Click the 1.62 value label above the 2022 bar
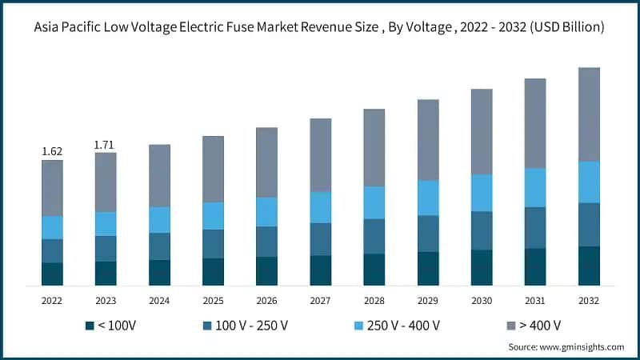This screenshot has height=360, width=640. tap(52, 151)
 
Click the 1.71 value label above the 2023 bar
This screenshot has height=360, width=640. tap(106, 144)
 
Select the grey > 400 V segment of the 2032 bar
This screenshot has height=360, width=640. tap(589, 114)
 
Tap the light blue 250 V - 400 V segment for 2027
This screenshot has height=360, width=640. tap(321, 207)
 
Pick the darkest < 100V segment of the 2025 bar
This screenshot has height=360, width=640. tap(213, 272)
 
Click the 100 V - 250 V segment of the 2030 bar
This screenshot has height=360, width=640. tap(482, 230)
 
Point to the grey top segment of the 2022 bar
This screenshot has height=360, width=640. tap(52, 188)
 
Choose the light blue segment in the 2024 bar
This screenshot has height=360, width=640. tap(159, 220)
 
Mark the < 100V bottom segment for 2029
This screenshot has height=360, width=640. tap(428, 269)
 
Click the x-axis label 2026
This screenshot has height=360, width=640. tap(266, 300)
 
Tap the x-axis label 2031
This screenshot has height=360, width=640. tap(535, 300)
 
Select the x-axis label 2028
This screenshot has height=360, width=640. tap(374, 300)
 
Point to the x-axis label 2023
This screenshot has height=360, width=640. tap(106, 300)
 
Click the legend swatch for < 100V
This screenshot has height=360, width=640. tap(88, 326)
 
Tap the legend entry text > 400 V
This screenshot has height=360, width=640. tap(539, 326)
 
